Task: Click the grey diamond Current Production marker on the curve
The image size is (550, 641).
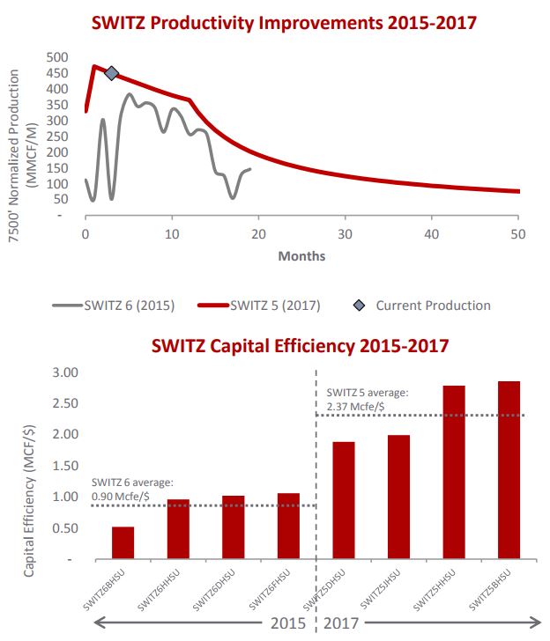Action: point(111,73)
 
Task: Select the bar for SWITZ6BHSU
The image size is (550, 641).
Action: point(123,542)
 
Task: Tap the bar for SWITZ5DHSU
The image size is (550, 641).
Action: point(344,500)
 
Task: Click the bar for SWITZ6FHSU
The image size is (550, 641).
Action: point(288,526)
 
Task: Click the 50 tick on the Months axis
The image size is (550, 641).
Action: point(517,234)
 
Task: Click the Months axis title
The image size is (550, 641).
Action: point(301,256)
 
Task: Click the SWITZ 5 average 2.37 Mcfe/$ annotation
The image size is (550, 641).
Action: point(367,399)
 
